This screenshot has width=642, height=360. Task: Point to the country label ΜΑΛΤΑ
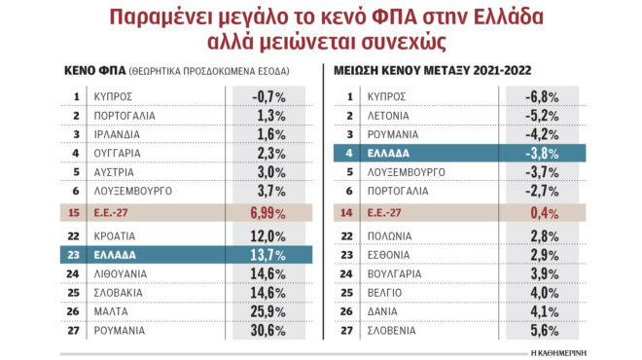tap(110, 311)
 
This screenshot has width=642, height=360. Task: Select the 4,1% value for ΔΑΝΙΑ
tap(541, 311)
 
